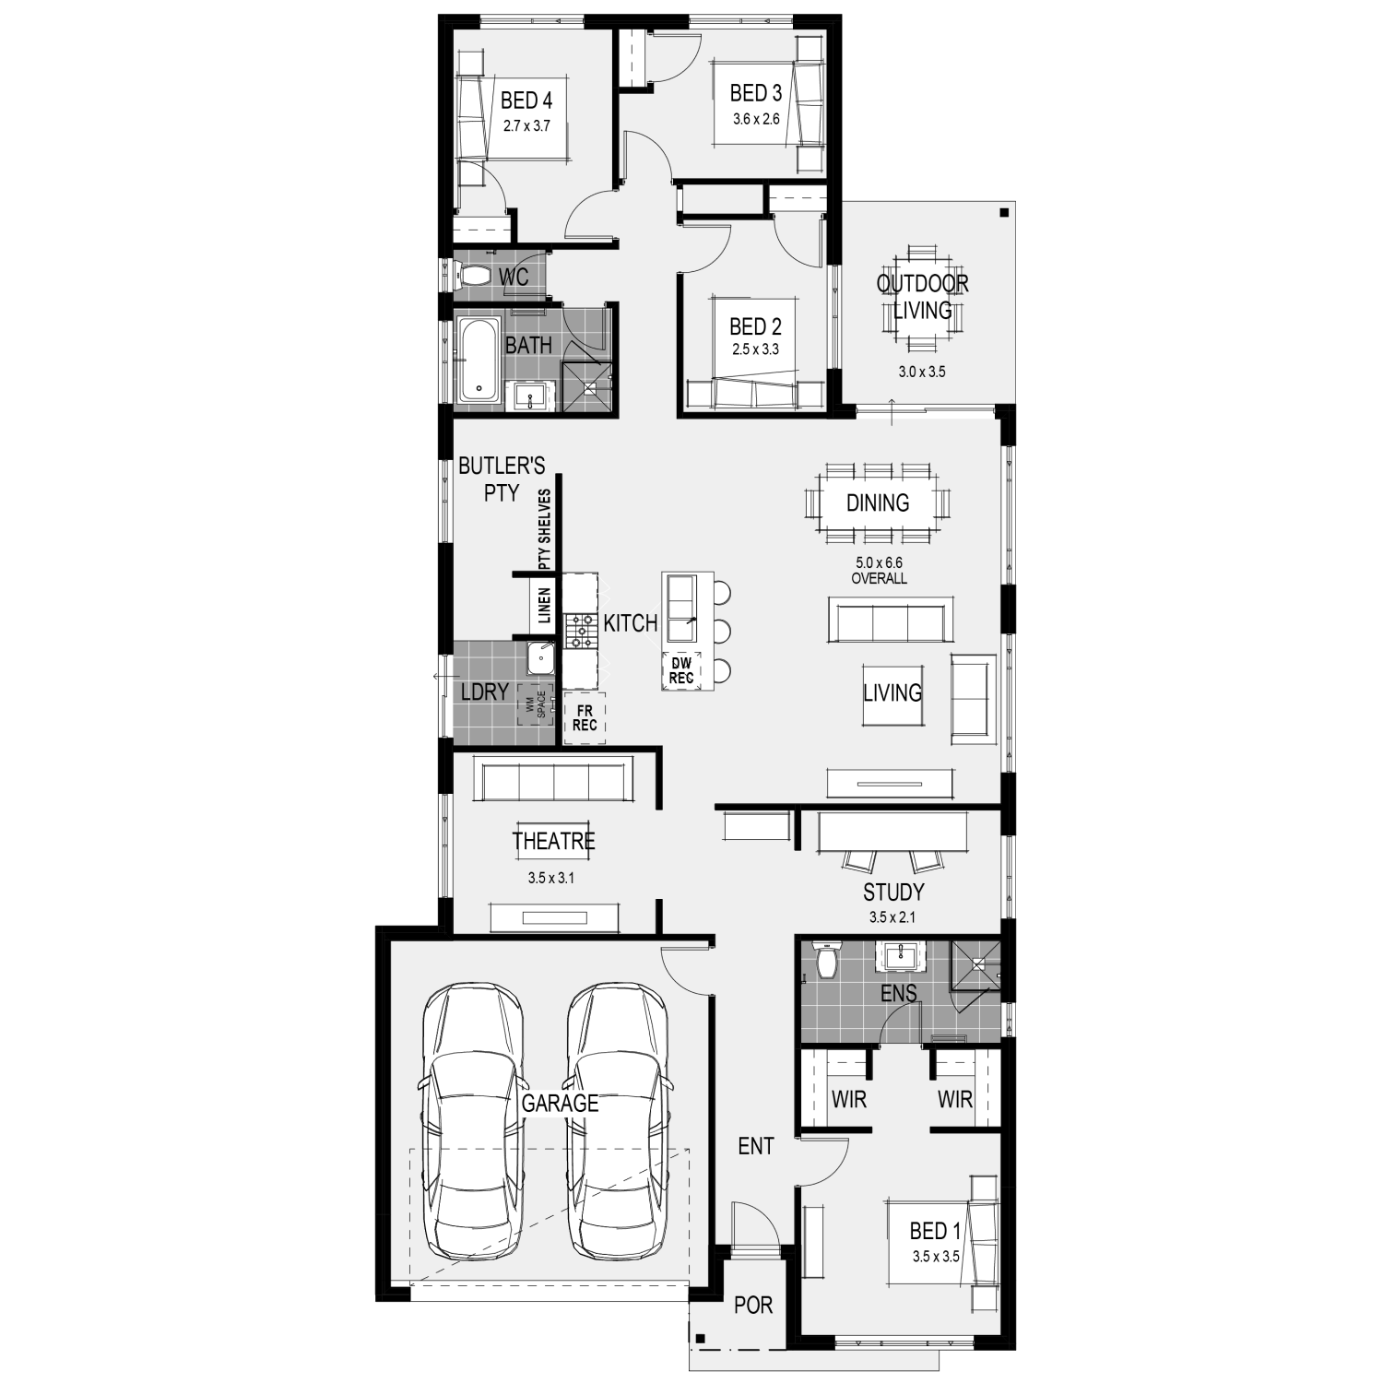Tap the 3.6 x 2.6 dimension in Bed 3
(756, 119)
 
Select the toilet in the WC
(472, 275)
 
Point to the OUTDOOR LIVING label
(922, 297)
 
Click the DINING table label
(878, 502)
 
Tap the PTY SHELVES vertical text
(544, 529)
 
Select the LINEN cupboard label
(544, 606)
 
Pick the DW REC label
(681, 670)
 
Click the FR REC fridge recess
(585, 718)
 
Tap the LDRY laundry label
(485, 691)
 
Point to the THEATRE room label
(553, 841)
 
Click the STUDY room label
(893, 892)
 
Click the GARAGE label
(560, 1103)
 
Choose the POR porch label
(753, 1305)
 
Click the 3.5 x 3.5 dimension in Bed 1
(937, 1256)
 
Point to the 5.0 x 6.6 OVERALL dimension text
(879, 570)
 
